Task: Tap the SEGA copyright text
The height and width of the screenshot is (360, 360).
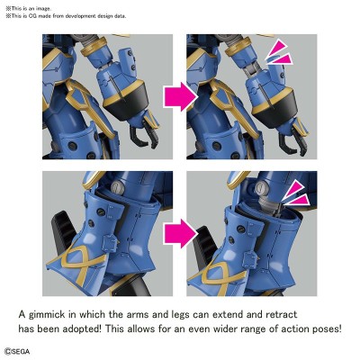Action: [x=17, y=351]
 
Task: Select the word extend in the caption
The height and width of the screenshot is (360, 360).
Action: [x=228, y=314]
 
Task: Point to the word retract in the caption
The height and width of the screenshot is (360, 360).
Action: [x=282, y=315]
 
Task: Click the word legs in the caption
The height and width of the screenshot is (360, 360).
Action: [x=186, y=315]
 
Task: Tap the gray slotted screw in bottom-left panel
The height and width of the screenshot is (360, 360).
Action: [x=118, y=187]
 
